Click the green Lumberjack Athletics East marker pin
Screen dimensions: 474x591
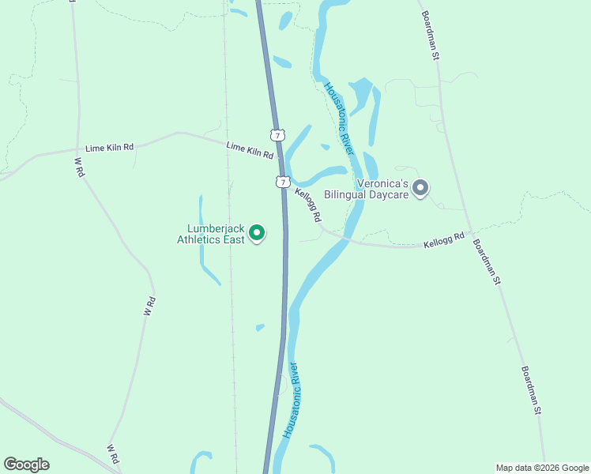tap(256, 232)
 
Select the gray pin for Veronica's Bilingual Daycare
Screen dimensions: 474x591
tap(420, 188)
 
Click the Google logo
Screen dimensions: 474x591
tap(26, 465)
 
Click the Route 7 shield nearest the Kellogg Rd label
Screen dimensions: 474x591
tap(283, 182)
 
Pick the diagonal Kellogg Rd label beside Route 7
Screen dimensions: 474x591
tap(308, 205)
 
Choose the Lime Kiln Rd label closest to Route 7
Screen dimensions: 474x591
tap(250, 150)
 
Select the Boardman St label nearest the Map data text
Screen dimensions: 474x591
tap(531, 389)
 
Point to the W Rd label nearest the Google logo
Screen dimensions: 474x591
tap(113, 453)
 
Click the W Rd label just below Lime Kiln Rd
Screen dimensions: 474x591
tap(79, 167)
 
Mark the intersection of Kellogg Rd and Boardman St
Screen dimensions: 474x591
tap(471, 235)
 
